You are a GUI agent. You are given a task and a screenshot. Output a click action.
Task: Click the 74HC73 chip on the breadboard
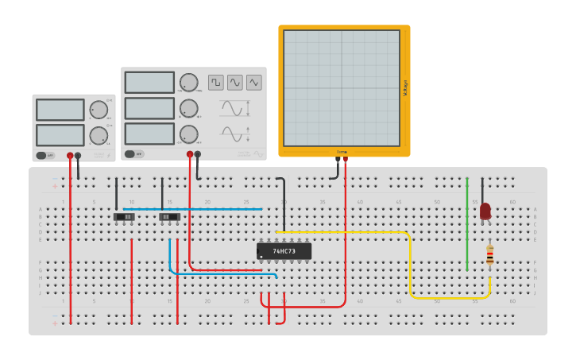coord(284,251)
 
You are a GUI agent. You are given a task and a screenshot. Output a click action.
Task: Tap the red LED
coord(485,211)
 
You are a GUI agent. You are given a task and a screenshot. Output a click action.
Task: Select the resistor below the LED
coord(489,255)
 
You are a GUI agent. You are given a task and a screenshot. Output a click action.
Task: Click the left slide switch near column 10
coord(124,216)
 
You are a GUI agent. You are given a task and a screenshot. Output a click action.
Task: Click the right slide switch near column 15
coord(169,216)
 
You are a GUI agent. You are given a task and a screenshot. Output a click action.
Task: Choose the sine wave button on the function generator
coord(234,83)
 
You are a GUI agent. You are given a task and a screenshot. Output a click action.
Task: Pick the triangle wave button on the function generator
coord(253,83)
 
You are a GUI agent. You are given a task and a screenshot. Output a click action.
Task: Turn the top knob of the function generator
coord(188,82)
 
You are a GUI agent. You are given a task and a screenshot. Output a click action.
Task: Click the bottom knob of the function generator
coord(188,134)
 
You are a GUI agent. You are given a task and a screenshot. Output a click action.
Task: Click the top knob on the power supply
coord(99,110)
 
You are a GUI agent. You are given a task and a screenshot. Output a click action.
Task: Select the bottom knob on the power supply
coord(99,135)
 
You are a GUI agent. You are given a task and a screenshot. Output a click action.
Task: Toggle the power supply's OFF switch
coord(45,156)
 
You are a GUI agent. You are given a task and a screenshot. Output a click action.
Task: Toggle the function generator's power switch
coord(133,154)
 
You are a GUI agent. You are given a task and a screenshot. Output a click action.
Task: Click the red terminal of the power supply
coord(70,156)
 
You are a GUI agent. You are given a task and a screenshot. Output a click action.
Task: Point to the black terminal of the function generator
coord(198,154)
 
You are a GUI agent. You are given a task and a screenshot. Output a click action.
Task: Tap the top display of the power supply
coord(60,110)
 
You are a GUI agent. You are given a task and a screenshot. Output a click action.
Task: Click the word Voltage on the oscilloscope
coord(405,87)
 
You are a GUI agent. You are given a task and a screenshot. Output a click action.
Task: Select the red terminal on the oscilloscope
coord(345,160)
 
